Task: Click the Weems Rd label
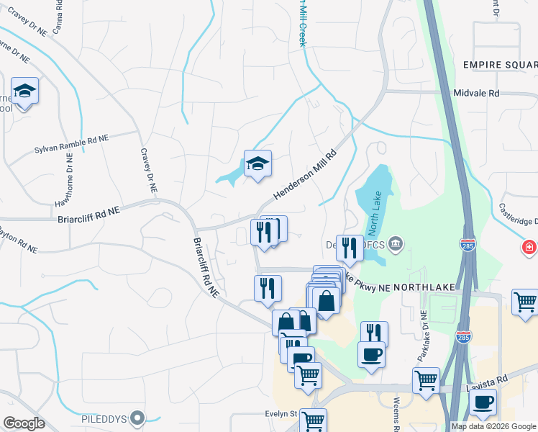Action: [396, 413]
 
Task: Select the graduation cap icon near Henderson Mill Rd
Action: [257, 163]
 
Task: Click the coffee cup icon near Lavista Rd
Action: [483, 401]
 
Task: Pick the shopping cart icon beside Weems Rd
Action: [426, 379]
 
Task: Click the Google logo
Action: [24, 423]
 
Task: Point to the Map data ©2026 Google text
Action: [493, 426]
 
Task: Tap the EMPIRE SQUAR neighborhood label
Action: [500, 65]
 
